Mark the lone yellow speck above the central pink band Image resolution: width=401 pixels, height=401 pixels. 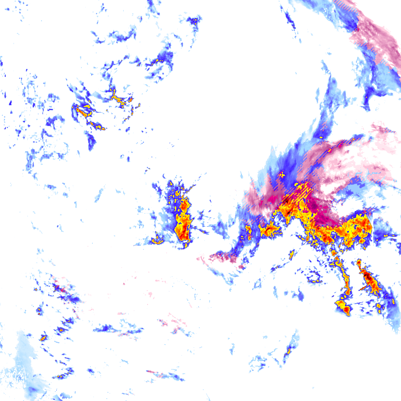320,137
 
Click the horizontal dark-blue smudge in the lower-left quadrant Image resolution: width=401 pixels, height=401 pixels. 106,328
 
